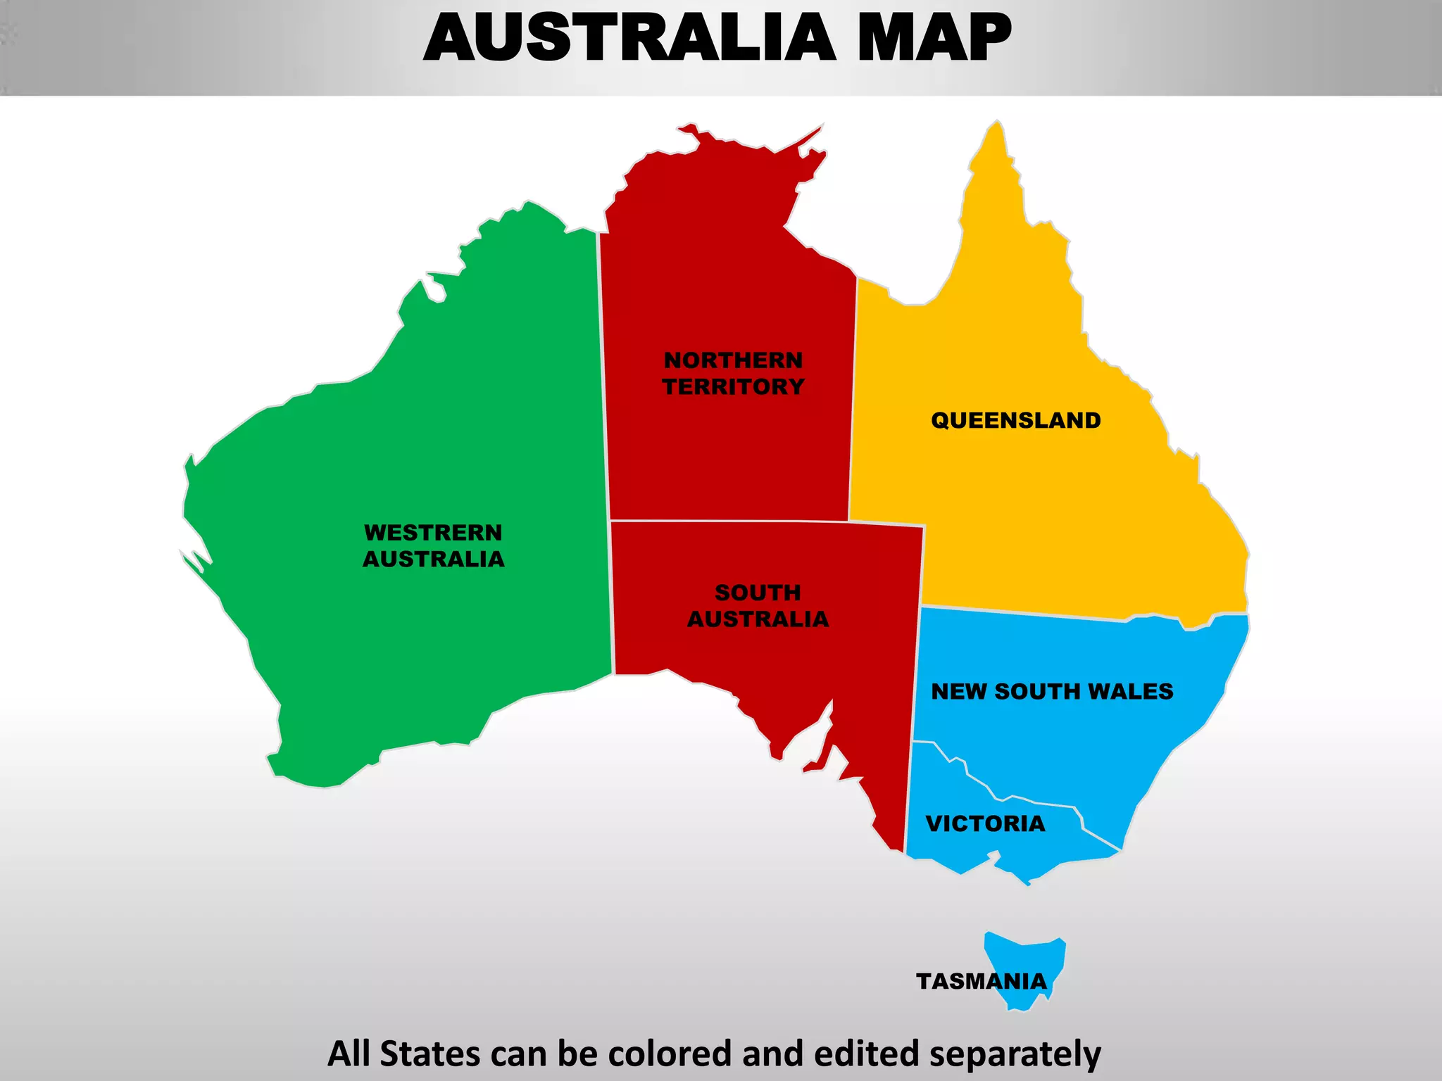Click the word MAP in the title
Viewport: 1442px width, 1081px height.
[934, 38]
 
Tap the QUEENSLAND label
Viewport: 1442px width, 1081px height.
[1015, 420]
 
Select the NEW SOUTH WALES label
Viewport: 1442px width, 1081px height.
[1052, 691]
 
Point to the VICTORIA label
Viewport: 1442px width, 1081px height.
[985, 823]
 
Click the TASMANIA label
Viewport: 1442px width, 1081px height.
[981, 981]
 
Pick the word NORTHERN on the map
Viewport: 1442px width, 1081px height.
[733, 360]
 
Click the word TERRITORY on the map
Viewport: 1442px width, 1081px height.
[733, 386]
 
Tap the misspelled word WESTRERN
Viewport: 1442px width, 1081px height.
[433, 533]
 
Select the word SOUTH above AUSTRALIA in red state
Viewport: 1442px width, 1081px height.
[758, 593]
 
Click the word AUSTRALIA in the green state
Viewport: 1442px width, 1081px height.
[433, 559]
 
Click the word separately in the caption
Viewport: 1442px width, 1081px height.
[1015, 1054]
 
